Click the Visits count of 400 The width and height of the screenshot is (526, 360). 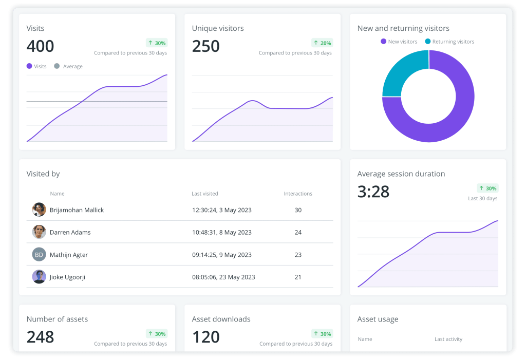pyautogui.click(x=40, y=46)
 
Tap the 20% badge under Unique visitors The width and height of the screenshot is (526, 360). pyautogui.click(x=322, y=43)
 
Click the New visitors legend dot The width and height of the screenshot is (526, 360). pyautogui.click(x=383, y=42)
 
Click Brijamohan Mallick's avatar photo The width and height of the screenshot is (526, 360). pyautogui.click(x=39, y=210)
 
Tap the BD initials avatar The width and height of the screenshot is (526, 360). pyautogui.click(x=39, y=254)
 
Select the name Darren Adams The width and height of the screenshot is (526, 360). pyautogui.click(x=70, y=232)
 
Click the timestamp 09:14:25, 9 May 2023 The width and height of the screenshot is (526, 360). pyautogui.click(x=221, y=255)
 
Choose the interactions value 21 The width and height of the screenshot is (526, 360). pyautogui.click(x=298, y=277)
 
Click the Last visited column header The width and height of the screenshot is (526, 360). pyautogui.click(x=204, y=194)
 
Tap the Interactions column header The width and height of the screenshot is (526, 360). pyautogui.click(x=298, y=194)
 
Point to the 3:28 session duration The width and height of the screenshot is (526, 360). pyautogui.click(x=373, y=192)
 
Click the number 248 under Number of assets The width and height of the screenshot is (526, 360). pyautogui.click(x=40, y=337)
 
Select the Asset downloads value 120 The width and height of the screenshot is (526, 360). pyautogui.click(x=205, y=337)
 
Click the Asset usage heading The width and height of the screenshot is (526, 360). pyautogui.click(x=378, y=319)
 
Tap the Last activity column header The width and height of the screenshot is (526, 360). pyautogui.click(x=448, y=339)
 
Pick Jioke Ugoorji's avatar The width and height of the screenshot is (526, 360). pyautogui.click(x=39, y=277)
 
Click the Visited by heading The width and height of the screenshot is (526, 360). pyautogui.click(x=43, y=174)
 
